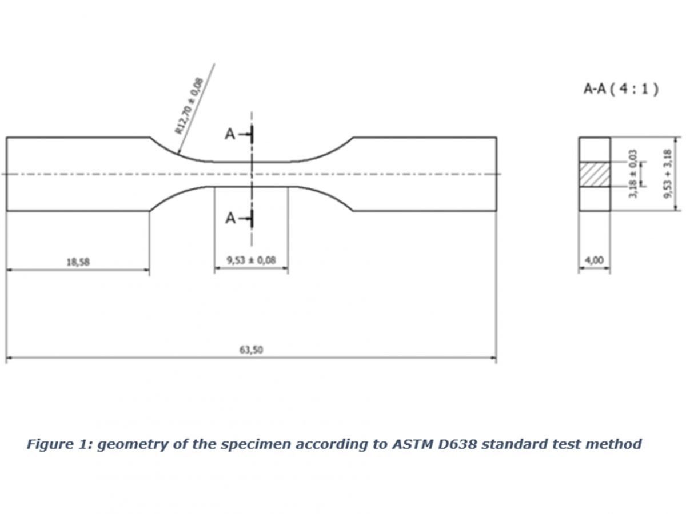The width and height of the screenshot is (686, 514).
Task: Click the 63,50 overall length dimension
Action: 251,350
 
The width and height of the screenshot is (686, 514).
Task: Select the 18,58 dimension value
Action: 78,262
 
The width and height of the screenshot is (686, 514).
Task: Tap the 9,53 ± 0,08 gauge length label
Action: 252,260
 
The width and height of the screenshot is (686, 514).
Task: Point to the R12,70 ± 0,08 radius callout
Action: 189,106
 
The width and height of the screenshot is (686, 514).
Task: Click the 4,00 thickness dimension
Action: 594,260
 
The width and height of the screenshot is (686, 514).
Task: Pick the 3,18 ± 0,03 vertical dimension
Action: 633,174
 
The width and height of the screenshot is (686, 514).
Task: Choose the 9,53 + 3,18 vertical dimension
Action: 668,174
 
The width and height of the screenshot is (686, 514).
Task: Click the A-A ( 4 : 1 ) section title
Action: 621,89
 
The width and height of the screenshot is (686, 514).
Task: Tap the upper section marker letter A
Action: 230,135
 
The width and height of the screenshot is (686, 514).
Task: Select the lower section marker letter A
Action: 230,218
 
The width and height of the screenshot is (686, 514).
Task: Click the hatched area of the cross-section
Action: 595,174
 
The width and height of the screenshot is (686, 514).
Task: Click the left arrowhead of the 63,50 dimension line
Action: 9,358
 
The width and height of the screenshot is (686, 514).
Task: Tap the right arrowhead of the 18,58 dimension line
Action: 146,270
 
